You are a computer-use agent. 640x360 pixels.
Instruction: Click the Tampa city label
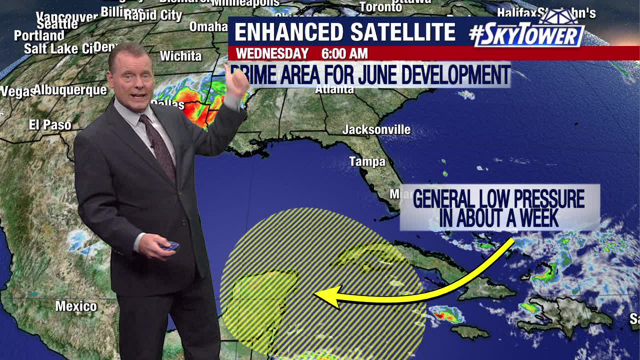(367, 161)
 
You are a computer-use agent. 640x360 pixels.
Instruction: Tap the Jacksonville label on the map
(376, 130)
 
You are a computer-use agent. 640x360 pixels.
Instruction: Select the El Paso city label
(50, 125)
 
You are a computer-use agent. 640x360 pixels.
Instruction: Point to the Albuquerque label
(70, 90)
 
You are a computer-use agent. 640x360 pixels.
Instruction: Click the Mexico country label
(76, 306)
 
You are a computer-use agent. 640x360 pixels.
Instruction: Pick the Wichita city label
(180, 56)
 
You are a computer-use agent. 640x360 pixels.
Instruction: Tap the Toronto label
(380, 7)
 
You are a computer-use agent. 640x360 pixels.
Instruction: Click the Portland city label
(39, 36)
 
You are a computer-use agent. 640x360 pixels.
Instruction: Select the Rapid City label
(153, 15)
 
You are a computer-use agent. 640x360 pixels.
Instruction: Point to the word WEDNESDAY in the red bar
(272, 53)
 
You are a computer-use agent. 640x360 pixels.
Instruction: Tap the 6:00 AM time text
(344, 53)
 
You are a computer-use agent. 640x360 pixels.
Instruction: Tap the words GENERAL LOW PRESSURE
(498, 199)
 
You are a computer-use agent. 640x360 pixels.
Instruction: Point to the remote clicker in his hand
(170, 245)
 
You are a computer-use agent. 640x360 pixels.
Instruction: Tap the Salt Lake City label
(59, 48)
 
